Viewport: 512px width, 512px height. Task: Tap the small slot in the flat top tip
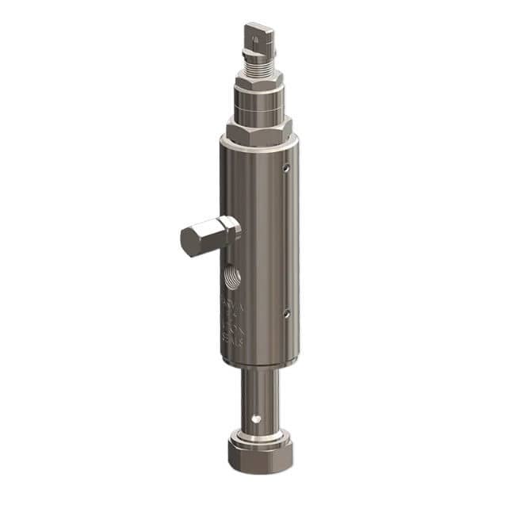pos(253,33)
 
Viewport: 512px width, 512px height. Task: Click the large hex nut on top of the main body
pos(258,129)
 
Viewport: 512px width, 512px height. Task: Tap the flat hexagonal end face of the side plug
pos(193,244)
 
